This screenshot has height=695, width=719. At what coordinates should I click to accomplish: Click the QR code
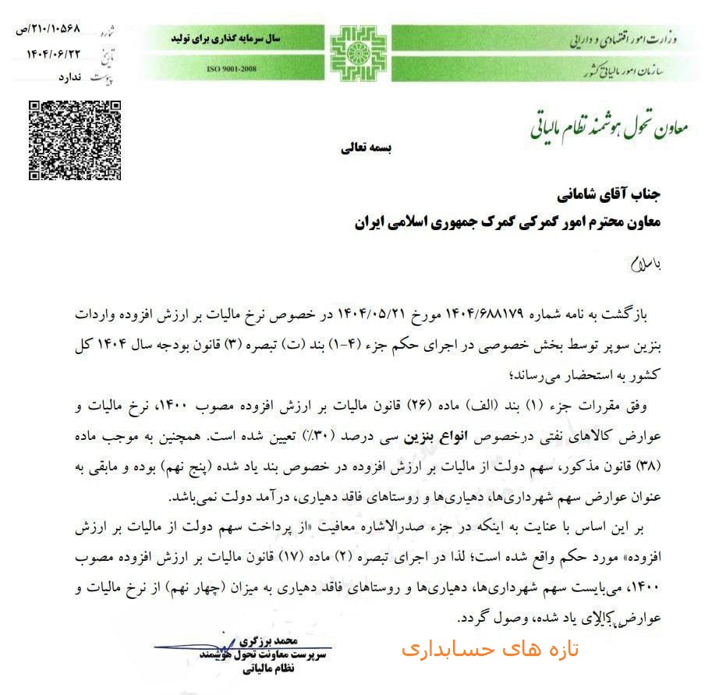[x=75, y=140]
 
